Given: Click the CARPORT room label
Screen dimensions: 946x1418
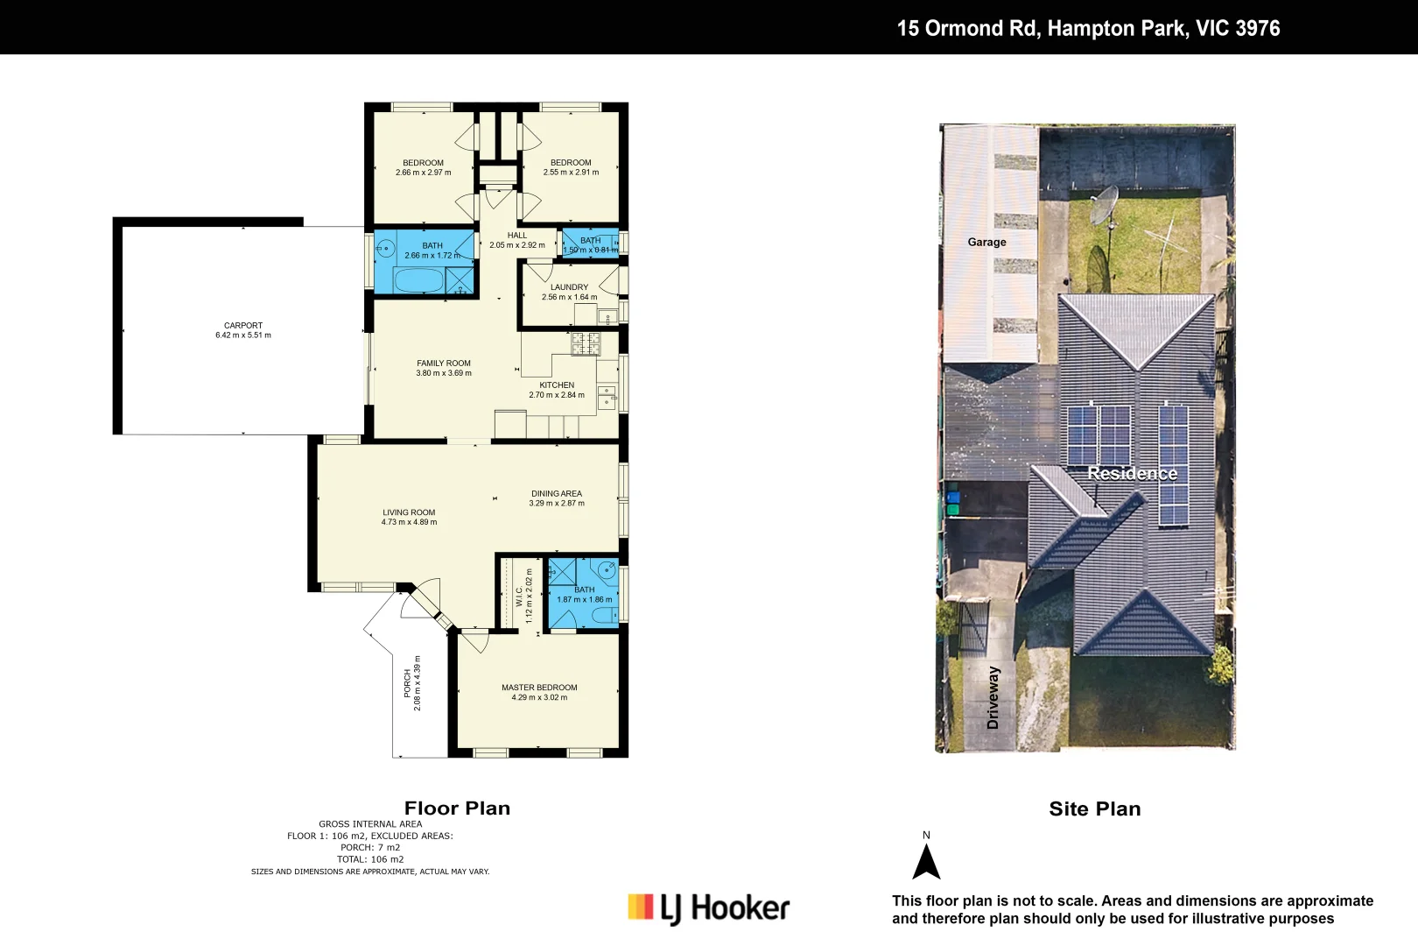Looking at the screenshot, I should [243, 326].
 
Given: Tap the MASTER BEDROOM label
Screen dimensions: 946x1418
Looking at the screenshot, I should [539, 688].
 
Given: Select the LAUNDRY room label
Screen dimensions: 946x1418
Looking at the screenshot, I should [569, 287].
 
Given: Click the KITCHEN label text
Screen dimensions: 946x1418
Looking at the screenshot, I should [557, 385].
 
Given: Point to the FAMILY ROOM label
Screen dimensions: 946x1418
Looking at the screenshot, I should [444, 364].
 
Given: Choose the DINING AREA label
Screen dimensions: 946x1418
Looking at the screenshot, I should [557, 494].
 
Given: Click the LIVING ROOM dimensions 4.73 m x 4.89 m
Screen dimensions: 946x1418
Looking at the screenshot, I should [409, 522].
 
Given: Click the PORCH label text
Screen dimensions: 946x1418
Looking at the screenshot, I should [407, 683].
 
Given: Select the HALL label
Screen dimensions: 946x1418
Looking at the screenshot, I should [517, 236].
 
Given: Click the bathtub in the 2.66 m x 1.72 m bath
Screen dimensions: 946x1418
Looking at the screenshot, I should [418, 280].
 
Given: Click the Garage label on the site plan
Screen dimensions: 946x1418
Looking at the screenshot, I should [986, 243].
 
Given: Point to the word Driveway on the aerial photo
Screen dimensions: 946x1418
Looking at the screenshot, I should [993, 697].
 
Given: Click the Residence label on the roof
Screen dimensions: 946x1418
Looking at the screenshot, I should [1132, 474].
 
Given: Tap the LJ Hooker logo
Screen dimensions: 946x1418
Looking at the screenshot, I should [709, 908].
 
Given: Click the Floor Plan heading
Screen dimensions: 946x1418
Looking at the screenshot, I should [457, 808].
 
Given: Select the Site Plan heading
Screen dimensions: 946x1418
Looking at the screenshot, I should [1094, 809].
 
